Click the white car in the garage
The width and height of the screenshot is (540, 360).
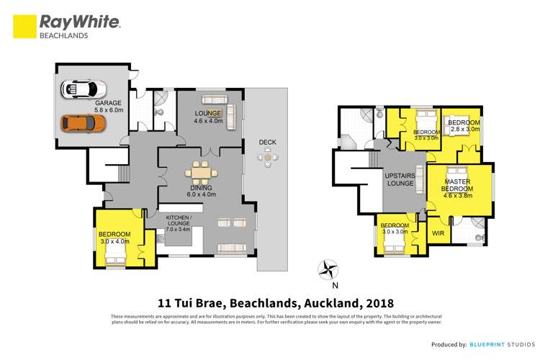(x=84, y=89)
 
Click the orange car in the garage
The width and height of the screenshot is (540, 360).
(x=83, y=123)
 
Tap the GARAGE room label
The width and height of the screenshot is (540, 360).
(x=107, y=107)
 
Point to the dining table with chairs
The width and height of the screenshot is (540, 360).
(x=200, y=173)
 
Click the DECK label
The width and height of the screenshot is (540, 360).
(x=268, y=142)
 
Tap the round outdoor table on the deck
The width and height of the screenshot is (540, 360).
(x=269, y=157)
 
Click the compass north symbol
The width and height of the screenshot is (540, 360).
(x=328, y=271)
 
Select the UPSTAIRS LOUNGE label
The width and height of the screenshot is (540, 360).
(x=400, y=179)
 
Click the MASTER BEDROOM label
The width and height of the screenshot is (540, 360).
(x=458, y=184)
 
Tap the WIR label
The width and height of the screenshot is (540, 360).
(x=438, y=233)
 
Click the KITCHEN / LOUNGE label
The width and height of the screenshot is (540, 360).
(x=178, y=223)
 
